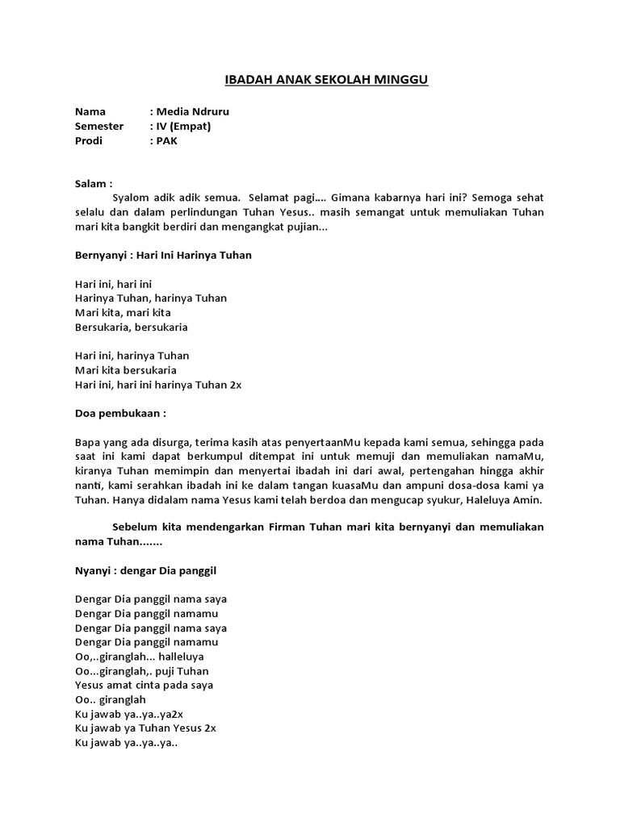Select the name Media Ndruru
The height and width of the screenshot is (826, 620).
[186, 111]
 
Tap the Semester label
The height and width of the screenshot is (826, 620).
[99, 126]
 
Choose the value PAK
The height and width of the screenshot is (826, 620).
[166, 140]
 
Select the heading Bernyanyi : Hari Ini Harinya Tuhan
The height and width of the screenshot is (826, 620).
[163, 255]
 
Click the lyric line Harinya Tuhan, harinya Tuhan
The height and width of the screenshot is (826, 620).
[150, 298]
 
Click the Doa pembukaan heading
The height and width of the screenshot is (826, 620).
[120, 413]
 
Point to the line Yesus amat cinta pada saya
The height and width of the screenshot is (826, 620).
[144, 685]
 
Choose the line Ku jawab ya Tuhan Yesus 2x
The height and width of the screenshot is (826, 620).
[145, 728]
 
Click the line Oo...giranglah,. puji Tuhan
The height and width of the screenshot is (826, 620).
[141, 670]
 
